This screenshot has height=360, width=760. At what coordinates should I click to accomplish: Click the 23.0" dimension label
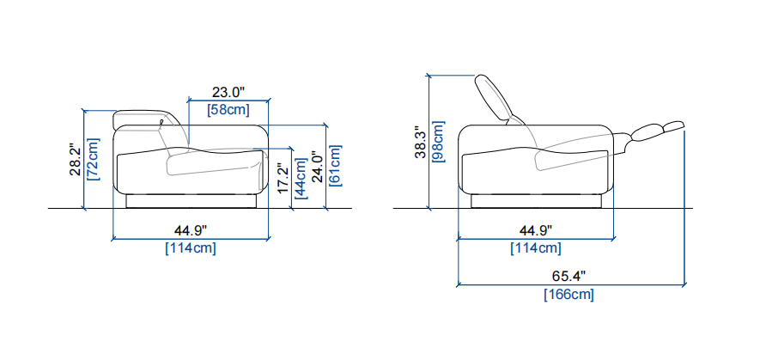tap(228, 92)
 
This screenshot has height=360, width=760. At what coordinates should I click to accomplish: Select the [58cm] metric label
tap(228, 110)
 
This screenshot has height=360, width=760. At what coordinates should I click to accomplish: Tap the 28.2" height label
tap(74, 159)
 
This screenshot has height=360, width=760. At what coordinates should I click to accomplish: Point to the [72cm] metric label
tap(92, 159)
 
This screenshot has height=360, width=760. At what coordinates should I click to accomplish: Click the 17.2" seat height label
tap(283, 179)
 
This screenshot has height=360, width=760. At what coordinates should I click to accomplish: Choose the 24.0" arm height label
tap(318, 168)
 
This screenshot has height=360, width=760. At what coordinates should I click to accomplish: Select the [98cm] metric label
tap(438, 142)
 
